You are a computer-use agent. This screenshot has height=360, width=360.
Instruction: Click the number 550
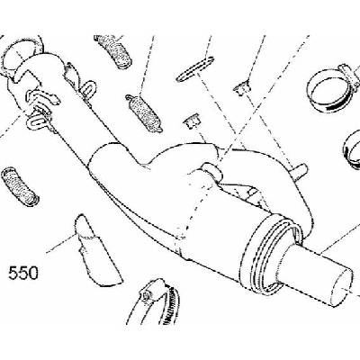[x=23, y=273]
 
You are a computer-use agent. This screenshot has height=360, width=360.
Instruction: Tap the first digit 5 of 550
[x=13, y=273]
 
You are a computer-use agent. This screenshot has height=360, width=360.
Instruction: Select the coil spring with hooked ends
[x=144, y=113]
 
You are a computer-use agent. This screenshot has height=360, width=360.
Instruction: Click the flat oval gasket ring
[x=194, y=69]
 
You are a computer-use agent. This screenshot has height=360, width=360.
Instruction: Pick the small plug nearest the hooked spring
[x=192, y=121]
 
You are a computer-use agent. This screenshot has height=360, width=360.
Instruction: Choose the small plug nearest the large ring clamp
[x=241, y=89]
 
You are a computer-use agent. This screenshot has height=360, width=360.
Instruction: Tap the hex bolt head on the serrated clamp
[x=146, y=295]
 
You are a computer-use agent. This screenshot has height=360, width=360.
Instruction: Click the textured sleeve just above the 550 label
[x=19, y=184]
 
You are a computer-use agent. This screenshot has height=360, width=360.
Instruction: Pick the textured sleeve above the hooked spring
[x=114, y=51]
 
